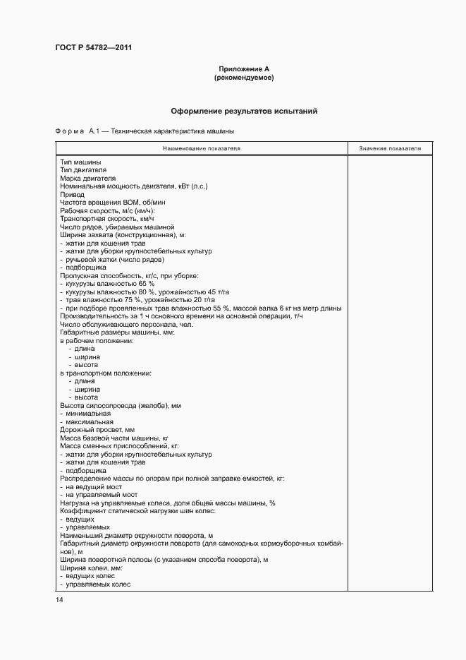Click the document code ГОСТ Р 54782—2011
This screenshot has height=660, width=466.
pyautogui.click(x=93, y=48)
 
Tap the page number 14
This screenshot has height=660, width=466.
pyautogui.click(x=59, y=599)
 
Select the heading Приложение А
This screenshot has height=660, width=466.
pyautogui.click(x=244, y=69)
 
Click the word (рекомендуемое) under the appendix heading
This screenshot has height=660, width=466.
pyautogui.click(x=244, y=78)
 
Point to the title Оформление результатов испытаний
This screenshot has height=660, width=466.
pyautogui.click(x=244, y=112)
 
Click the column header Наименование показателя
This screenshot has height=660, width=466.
pyautogui.click(x=202, y=149)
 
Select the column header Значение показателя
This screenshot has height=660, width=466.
pyautogui.click(x=390, y=149)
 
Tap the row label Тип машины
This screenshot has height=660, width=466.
pyautogui.click(x=80, y=163)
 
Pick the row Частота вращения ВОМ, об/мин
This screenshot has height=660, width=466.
pyautogui.click(x=103, y=203)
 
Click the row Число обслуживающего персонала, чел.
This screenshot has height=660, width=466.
pyautogui.click(x=116, y=324)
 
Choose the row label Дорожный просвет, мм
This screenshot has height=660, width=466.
pyautogui.click(x=97, y=429)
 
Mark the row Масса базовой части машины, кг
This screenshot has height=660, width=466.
pyautogui.click(x=114, y=438)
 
